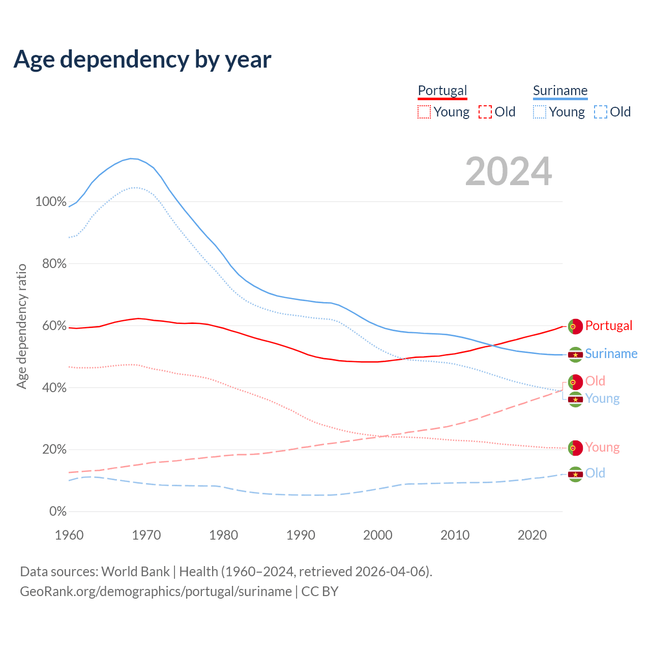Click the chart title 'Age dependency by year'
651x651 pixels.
point(142,60)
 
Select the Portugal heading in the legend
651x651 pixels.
point(442,91)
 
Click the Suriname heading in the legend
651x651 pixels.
point(560,91)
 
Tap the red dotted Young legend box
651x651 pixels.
point(424,112)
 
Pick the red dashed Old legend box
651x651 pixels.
point(485,112)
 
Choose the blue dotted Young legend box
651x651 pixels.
point(540,112)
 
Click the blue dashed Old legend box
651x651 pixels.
point(601,112)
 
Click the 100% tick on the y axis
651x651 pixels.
point(51,201)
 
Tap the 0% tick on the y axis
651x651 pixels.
point(57,511)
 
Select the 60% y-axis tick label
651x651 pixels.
point(54,325)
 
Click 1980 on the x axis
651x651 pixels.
point(224,535)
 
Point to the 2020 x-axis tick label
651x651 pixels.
point(532,535)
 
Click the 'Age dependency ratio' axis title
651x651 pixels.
point(21,326)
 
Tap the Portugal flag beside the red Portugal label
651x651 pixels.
point(575,326)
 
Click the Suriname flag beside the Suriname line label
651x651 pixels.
point(575,354)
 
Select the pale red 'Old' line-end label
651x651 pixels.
point(595,381)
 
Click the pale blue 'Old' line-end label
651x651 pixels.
point(595,473)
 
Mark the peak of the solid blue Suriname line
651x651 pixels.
point(131,159)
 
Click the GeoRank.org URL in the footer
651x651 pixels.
point(156,591)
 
